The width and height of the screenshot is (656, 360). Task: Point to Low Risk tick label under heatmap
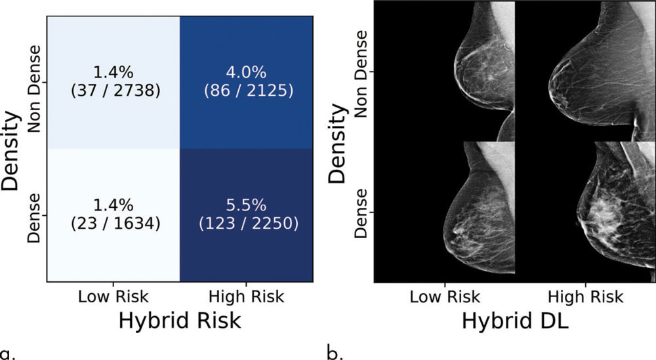coord(113,296)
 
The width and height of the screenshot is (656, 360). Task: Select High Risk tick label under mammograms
coord(585,296)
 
